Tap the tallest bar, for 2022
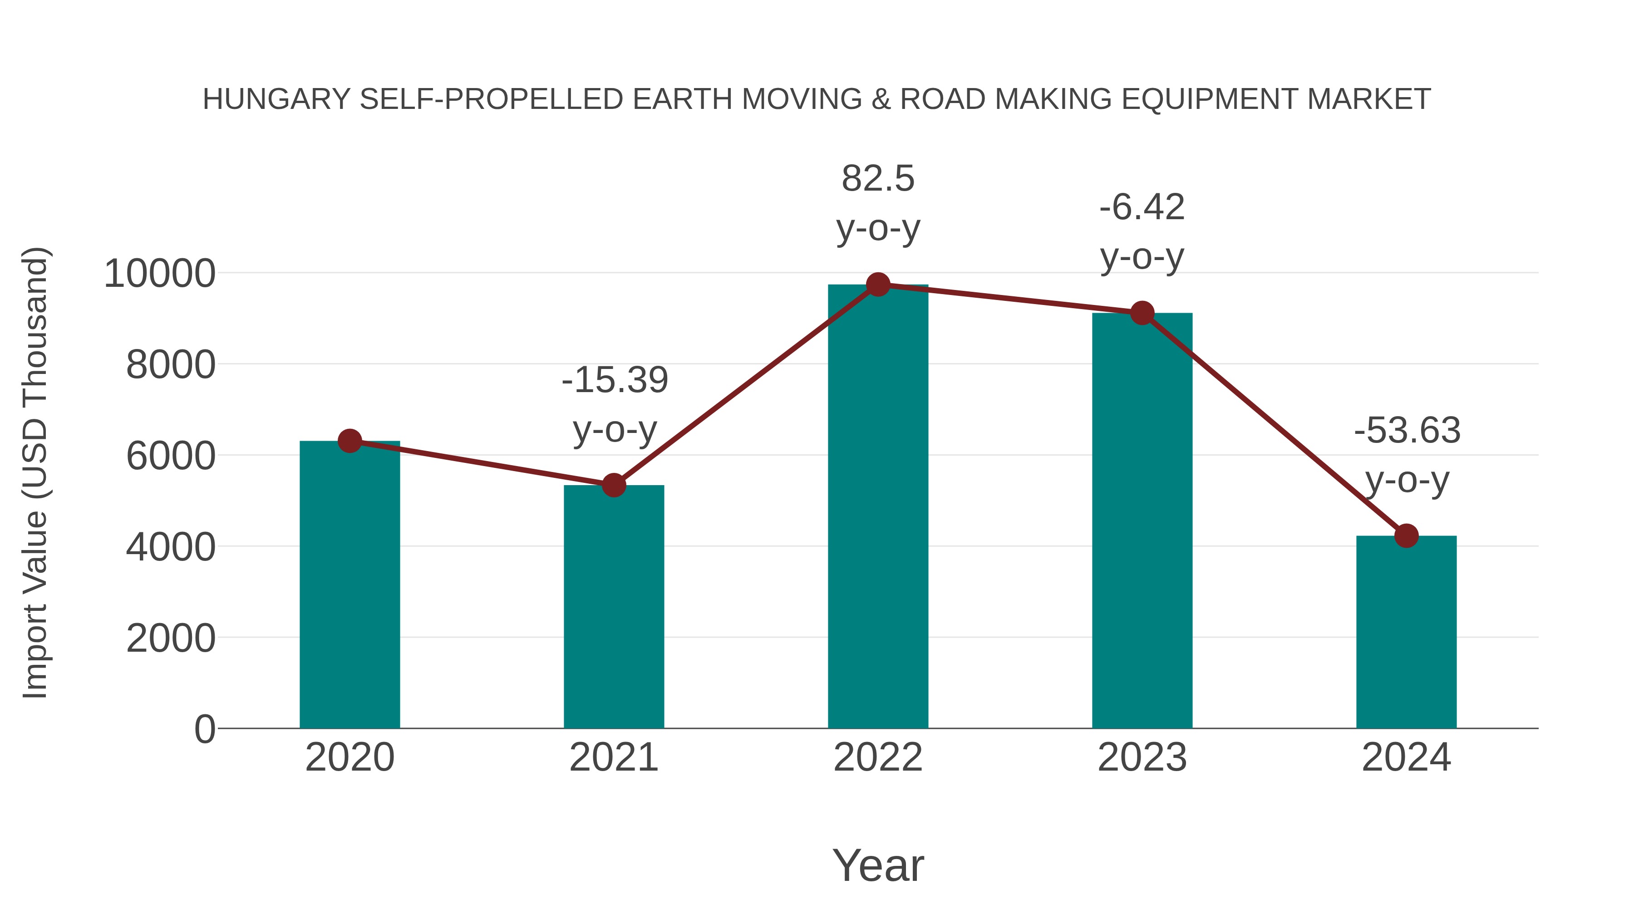(878, 507)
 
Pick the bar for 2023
(1142, 520)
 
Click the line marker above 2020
(349, 440)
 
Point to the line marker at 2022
(878, 285)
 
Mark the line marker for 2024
(1406, 536)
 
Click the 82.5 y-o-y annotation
(878, 179)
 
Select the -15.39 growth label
(615, 381)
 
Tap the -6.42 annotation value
(1142, 208)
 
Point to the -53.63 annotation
(1407, 431)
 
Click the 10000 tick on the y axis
(159, 274)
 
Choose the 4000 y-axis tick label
(171, 547)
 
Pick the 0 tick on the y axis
(204, 729)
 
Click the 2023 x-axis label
(1142, 757)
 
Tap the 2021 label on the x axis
(613, 757)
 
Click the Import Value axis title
(35, 472)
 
